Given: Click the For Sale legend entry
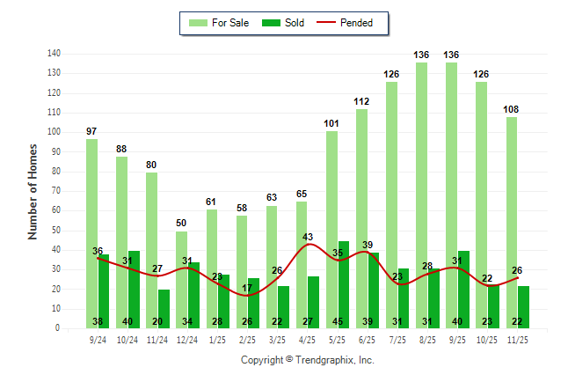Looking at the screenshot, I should pyautogui.click(x=217, y=23).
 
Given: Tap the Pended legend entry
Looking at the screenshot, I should pyautogui.click(x=350, y=23).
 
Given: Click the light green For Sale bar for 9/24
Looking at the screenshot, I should pyautogui.click(x=91, y=233).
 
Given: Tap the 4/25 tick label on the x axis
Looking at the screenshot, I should pyautogui.click(x=307, y=339).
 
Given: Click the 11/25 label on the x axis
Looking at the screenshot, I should pyautogui.click(x=517, y=339).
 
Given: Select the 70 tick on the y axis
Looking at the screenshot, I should pyautogui.click(x=56, y=191).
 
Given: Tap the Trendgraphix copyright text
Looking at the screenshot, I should pyautogui.click(x=308, y=360).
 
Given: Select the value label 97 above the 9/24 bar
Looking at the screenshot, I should pyautogui.click(x=91, y=131).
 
